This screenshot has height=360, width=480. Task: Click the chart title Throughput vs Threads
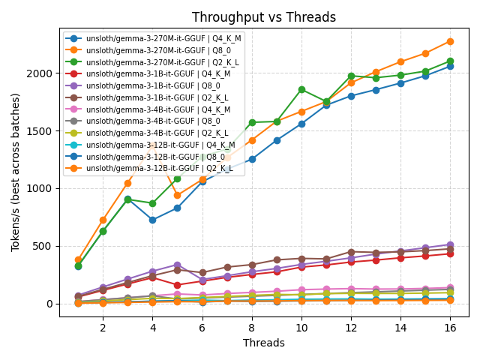point(264,17)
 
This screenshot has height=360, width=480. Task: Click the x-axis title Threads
point(264,343)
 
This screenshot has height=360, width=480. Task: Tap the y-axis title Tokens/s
point(16,172)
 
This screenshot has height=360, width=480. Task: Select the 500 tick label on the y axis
point(43,246)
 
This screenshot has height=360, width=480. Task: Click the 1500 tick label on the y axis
point(40,131)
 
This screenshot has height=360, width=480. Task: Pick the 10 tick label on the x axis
point(301,328)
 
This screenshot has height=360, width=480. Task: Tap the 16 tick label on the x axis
point(450,328)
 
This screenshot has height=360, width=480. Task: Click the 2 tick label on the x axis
point(103,328)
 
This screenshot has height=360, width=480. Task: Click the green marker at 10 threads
point(301,89)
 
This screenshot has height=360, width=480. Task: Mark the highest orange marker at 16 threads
point(450,41)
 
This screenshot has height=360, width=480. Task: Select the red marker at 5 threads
point(177,285)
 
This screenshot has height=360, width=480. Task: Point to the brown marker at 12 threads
point(351,252)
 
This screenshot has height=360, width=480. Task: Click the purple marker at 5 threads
point(177,265)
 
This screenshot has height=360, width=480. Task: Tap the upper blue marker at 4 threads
point(152,220)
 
